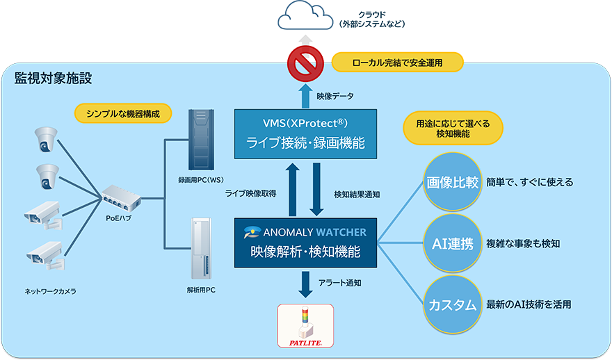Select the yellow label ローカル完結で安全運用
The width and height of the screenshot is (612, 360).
tap(398, 63)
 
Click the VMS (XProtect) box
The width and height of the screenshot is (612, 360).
tap(305, 134)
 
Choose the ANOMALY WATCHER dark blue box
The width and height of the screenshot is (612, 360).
tap(305, 243)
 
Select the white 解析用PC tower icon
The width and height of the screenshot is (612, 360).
tap(200, 247)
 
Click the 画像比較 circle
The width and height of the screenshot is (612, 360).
tap(452, 182)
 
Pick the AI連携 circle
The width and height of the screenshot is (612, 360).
tap(452, 243)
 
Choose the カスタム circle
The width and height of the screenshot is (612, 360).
tap(452, 304)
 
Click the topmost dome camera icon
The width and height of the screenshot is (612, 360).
tap(47, 139)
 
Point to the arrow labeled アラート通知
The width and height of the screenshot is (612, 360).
tap(305, 284)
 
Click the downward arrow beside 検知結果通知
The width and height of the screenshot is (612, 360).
tap(317, 189)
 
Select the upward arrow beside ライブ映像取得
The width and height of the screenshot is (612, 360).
tap(293, 189)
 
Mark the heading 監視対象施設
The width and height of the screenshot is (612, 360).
tap(54, 78)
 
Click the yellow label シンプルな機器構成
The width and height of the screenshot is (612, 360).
tap(122, 113)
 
